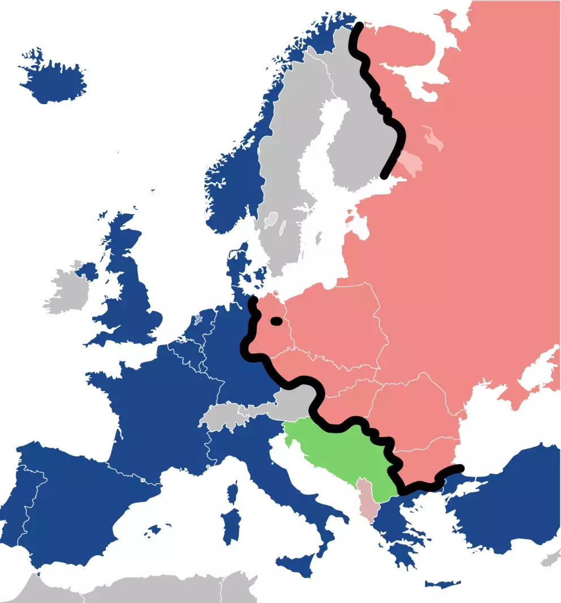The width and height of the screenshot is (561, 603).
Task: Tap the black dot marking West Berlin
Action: pyautogui.click(x=277, y=321)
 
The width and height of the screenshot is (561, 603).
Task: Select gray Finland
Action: pyautogui.click(x=351, y=142)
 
